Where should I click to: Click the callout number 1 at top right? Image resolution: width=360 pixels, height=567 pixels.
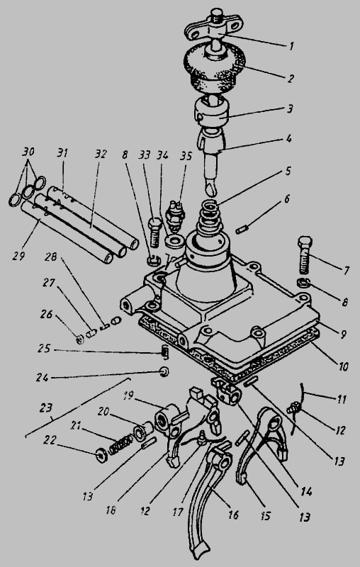(292, 46)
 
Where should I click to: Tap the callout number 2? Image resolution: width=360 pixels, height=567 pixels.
(291, 78)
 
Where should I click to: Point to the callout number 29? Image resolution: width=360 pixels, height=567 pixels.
(18, 256)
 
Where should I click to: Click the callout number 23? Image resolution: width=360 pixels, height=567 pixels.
(46, 408)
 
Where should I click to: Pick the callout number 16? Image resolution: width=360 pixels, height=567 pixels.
(233, 515)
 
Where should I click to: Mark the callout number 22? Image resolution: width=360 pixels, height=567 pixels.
(49, 439)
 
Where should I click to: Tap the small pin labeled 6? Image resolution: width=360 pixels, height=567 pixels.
(241, 230)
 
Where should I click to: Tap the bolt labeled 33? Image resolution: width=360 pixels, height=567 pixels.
(154, 232)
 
